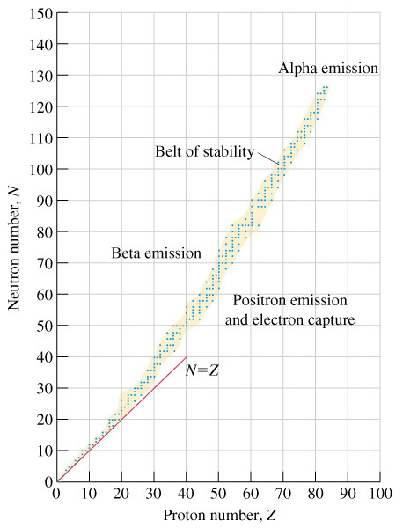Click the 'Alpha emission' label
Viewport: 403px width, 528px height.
tap(328, 68)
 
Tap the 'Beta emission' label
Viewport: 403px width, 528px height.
tap(157, 253)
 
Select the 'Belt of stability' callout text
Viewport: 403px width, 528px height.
tap(205, 151)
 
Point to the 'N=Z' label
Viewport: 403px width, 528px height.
tap(202, 370)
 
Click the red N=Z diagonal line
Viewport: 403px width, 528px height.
tap(121, 419)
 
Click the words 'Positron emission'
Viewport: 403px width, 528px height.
tap(289, 300)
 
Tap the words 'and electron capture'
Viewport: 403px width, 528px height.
tap(289, 319)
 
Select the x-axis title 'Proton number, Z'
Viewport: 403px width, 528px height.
tap(219, 515)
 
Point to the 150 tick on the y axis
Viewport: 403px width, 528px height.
tap(41, 13)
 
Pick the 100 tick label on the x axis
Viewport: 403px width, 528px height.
tap(380, 494)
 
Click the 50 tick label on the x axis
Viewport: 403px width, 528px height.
tap(218, 494)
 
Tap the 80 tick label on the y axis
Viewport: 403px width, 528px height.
tap(45, 231)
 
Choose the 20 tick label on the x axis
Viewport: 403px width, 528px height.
tap(121, 494)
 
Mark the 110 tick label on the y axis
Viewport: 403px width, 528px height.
tap(41, 138)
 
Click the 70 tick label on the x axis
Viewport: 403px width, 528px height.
tap(283, 494)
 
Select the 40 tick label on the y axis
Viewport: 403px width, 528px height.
tap(45, 357)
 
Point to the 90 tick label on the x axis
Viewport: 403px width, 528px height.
tap(348, 494)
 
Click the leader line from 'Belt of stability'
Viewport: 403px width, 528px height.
tap(269, 158)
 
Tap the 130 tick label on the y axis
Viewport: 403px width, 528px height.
tap(41, 76)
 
